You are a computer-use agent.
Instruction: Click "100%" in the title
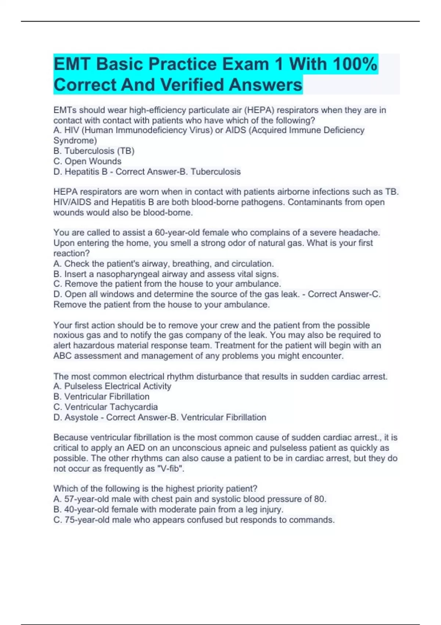point(355,64)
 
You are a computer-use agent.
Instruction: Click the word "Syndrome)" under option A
point(75,140)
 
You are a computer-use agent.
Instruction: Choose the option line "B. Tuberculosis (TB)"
point(94,151)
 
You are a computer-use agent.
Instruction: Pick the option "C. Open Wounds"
point(87,161)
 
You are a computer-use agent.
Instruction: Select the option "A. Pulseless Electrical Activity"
point(112,386)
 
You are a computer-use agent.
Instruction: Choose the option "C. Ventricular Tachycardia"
point(105,407)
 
